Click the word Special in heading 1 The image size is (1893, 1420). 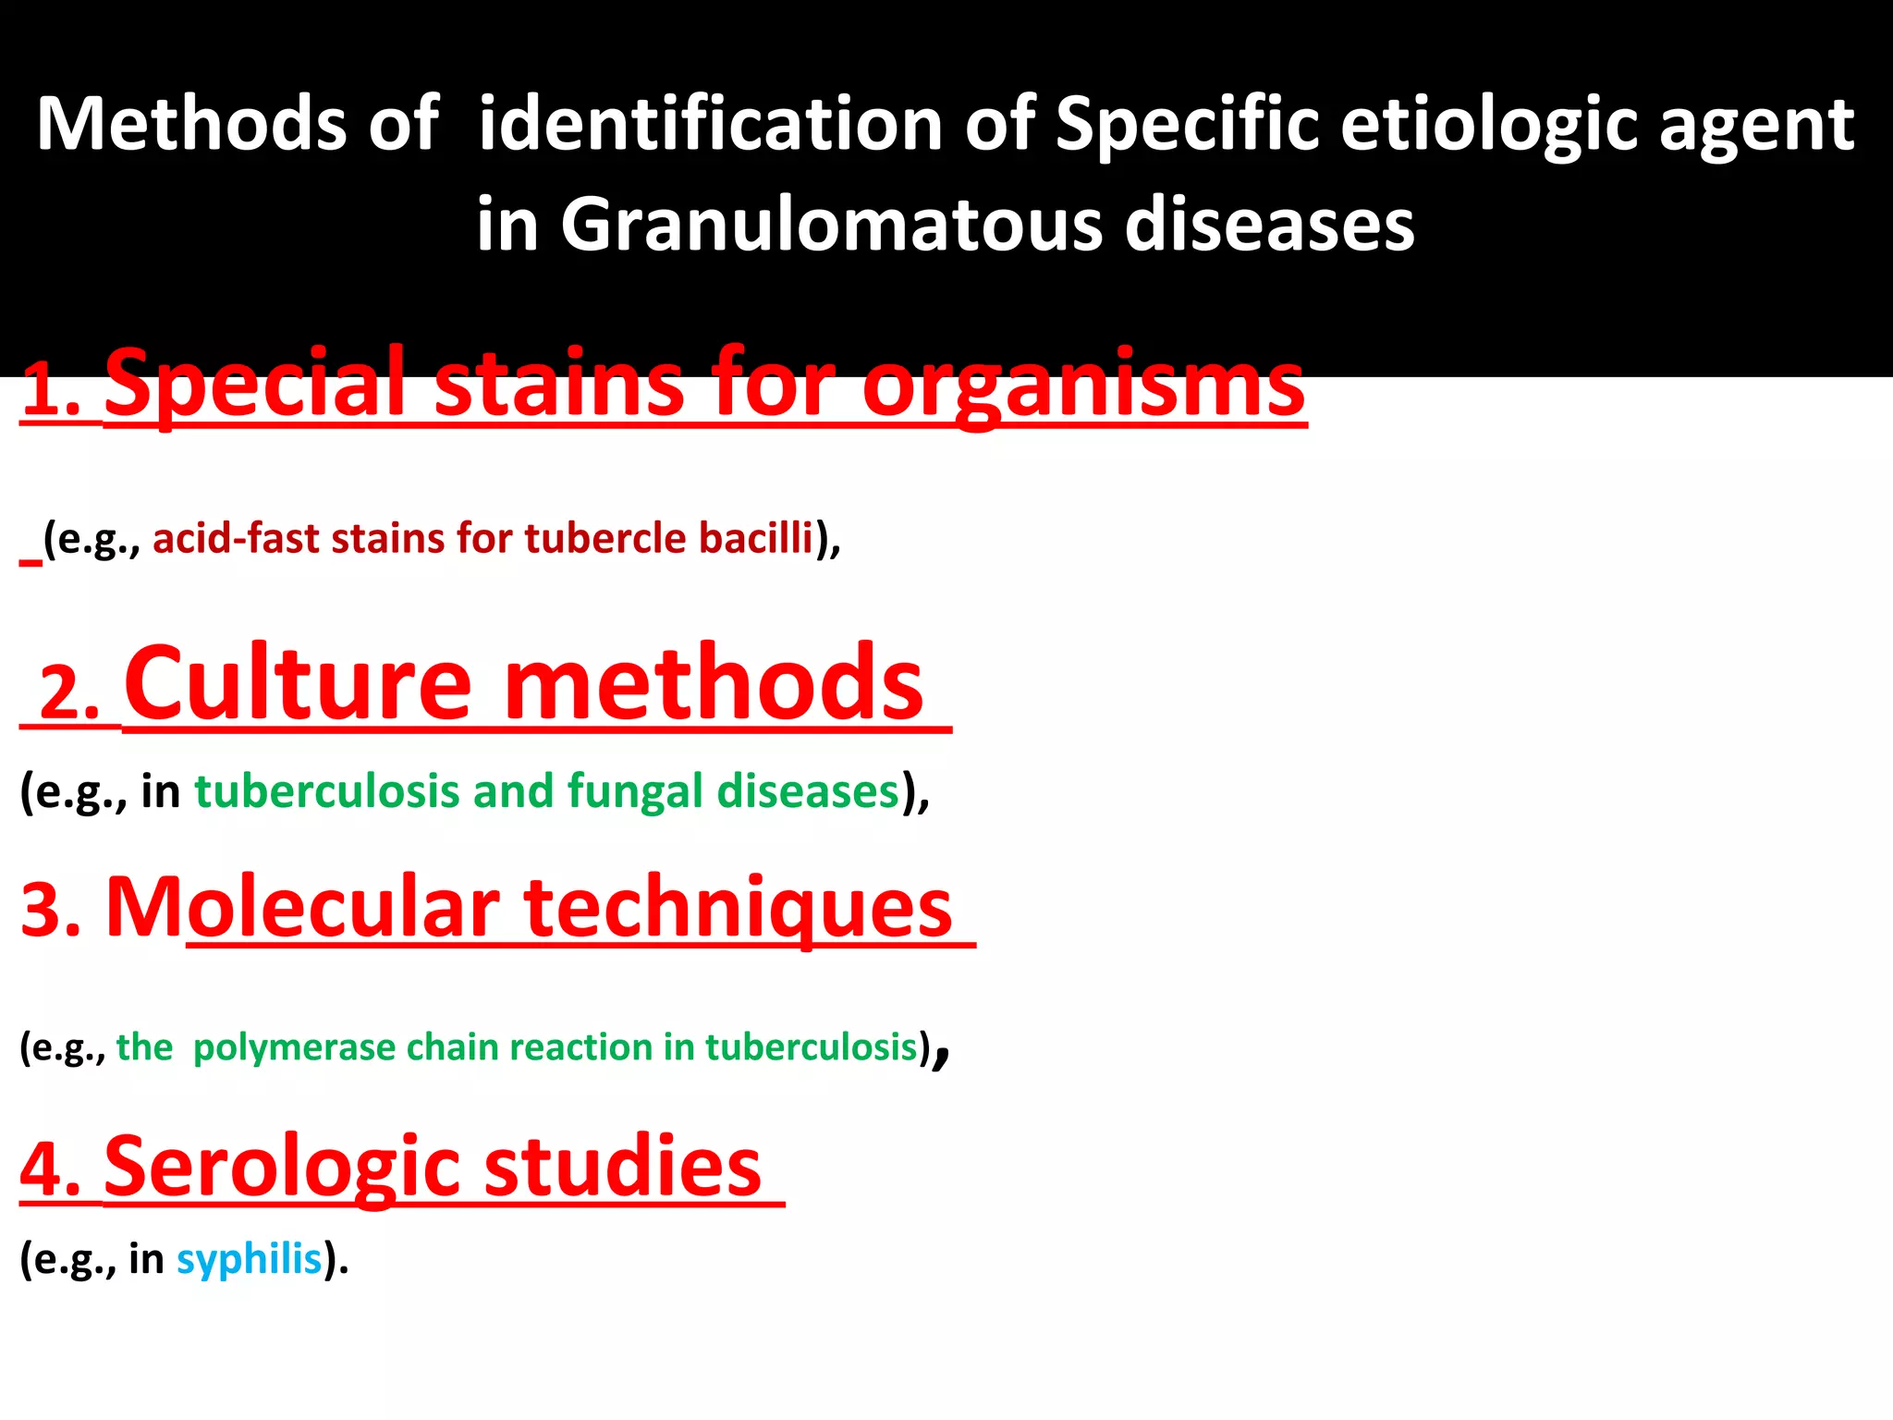pyautogui.click(x=255, y=383)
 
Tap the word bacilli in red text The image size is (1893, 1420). pyautogui.click(x=755, y=538)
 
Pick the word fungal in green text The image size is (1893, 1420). pyautogui.click(x=635, y=791)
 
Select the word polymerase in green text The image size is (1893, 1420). pyautogui.click(x=294, y=1048)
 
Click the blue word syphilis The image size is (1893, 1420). pyautogui.click(x=249, y=1260)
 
